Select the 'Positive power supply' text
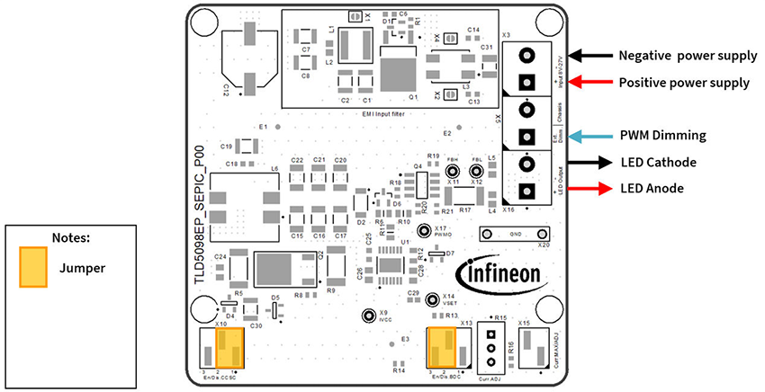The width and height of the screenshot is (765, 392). (x=684, y=83)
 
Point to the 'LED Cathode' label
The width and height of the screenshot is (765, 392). (x=660, y=163)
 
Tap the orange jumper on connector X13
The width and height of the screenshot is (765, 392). (x=443, y=346)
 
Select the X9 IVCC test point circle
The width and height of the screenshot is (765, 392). (x=368, y=316)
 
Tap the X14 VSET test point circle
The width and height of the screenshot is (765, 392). (x=432, y=299)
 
